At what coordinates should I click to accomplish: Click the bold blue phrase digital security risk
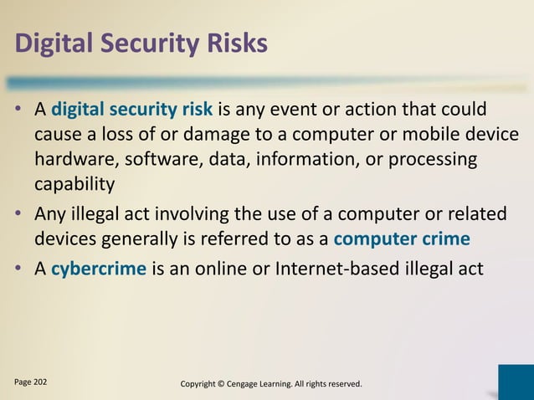coord(131,111)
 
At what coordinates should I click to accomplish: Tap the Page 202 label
coord(30,382)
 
